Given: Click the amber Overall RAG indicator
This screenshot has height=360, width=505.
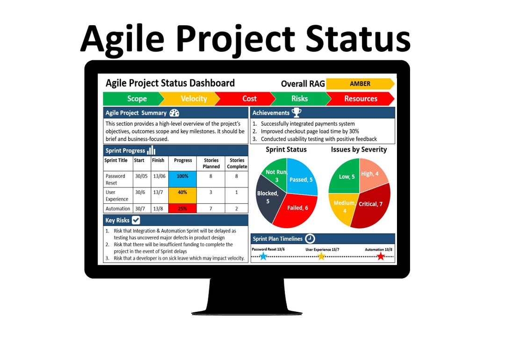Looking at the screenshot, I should coord(360,84).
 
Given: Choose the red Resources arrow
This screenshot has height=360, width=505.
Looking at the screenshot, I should coord(360,99).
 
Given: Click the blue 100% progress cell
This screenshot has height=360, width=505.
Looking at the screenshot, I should coord(182,176).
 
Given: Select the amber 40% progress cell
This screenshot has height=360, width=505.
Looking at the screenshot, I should coord(182,192).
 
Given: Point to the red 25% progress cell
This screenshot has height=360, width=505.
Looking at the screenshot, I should coord(182,209).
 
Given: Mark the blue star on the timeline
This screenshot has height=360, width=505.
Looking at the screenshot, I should coord(263,256).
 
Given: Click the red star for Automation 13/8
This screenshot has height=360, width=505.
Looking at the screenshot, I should coord(381,256).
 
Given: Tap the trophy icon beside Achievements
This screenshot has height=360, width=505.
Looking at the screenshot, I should coord(296,112).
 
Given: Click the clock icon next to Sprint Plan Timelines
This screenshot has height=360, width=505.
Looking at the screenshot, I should coord(310,239).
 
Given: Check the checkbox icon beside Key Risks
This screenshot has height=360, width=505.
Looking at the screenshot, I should coord(136,220).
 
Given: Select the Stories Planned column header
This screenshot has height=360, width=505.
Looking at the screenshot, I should coord(211,163).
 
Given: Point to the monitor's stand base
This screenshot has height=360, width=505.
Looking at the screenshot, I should coord(247,310).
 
